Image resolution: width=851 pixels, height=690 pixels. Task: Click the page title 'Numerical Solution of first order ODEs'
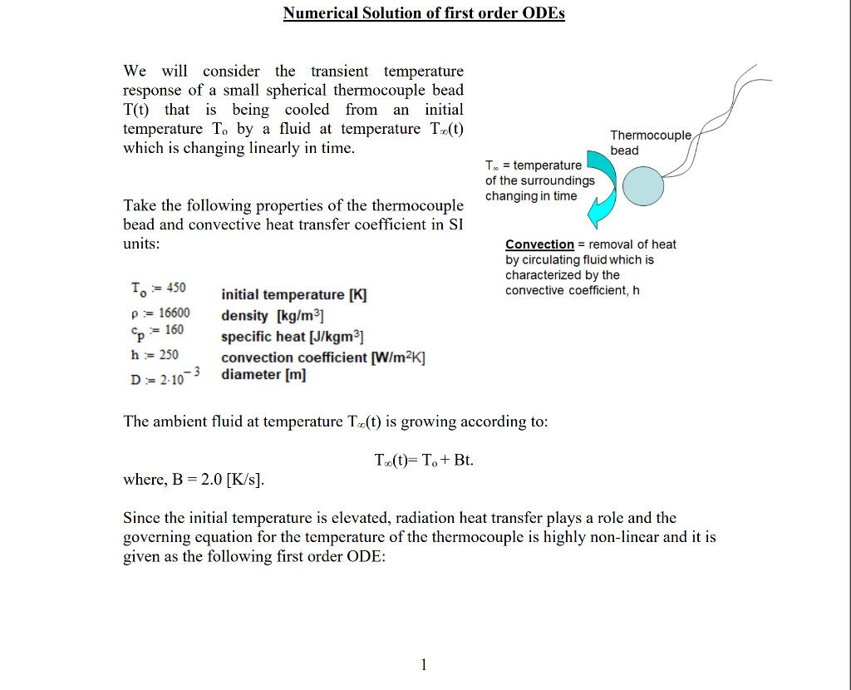424,13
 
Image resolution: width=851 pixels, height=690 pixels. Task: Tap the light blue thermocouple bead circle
642,185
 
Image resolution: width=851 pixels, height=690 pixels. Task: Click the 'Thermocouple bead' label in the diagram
651,142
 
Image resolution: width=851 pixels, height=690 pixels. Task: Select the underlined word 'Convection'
539,244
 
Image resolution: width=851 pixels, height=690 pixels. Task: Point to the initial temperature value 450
175,288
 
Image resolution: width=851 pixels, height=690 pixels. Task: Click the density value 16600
174,313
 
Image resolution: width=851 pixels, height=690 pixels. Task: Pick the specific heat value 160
171,330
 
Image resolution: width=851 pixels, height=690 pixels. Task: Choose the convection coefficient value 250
169,354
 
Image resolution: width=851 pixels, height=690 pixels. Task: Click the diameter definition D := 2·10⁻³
166,377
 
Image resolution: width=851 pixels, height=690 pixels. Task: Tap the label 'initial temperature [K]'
293,295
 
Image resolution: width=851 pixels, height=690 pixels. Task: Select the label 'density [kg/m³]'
272,316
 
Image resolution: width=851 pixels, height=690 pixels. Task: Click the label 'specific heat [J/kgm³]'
292,337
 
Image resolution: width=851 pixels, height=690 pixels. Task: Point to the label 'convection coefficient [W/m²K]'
323,357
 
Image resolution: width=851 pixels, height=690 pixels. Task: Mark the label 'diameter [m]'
263,375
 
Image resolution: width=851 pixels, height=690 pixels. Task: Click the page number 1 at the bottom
424,663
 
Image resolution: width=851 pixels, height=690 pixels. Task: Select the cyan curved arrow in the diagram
604,190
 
